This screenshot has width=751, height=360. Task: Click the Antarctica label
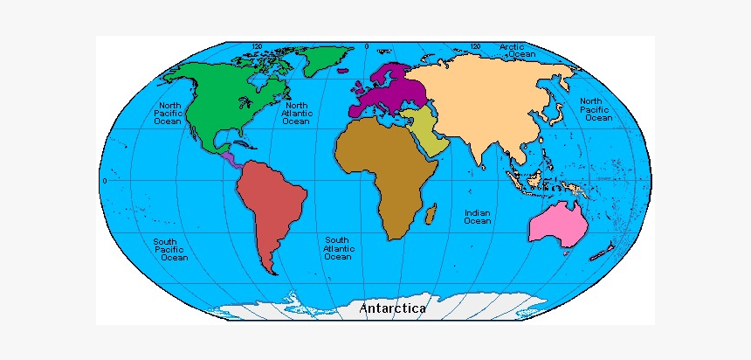coord(392,308)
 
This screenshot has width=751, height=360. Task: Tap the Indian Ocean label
coord(477,217)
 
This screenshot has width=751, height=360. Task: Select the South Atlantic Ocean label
coord(338,249)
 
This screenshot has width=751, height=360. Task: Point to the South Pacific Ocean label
coord(170,250)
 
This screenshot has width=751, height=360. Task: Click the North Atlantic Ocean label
coord(296,113)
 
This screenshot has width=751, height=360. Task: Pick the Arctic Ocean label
coord(520,50)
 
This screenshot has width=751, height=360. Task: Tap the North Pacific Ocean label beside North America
coord(169,113)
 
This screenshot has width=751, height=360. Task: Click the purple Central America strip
coord(230,158)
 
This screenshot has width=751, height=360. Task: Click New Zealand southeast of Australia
coord(599,253)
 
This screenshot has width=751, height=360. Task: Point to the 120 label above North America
coord(258,45)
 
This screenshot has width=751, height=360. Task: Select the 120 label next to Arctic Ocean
coord(476,45)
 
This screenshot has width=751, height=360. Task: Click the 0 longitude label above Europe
coord(367,45)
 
